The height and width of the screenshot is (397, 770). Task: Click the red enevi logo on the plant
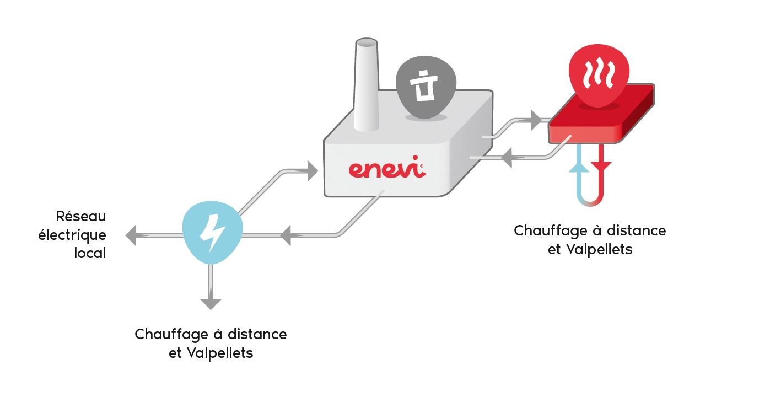pyautogui.click(x=387, y=168)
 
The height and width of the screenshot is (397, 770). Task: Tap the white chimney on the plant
pyautogui.click(x=367, y=85)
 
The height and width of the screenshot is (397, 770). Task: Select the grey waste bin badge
pyautogui.click(x=426, y=87)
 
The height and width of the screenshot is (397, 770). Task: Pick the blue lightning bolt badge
pyautogui.click(x=212, y=232)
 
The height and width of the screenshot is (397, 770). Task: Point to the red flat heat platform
pyautogui.click(x=601, y=114)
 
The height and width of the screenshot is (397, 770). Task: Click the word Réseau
pyautogui.click(x=81, y=216)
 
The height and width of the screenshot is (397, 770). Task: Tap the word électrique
pyautogui.click(x=72, y=235)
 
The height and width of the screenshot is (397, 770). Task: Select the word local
pyautogui.click(x=90, y=253)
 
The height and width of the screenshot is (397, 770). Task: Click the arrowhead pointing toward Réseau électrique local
pyautogui.click(x=131, y=235)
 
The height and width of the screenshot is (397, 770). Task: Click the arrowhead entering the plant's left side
pyautogui.click(x=313, y=171)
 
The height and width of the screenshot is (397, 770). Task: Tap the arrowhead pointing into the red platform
pyautogui.click(x=536, y=120)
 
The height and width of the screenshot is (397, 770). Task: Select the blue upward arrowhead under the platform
pyautogui.click(x=579, y=168)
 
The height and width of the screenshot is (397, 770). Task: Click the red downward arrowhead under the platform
pyautogui.click(x=601, y=166)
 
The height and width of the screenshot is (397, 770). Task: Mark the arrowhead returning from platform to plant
pyautogui.click(x=507, y=158)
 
